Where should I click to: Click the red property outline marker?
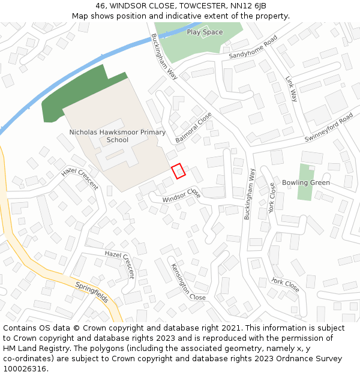point(178,171)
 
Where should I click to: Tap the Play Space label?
point(205,32)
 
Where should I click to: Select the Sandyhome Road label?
point(253,47)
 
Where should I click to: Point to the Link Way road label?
point(292,88)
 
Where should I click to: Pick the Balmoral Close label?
point(194,128)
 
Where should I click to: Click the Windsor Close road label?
point(181,195)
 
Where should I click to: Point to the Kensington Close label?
point(188,282)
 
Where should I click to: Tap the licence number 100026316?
point(25,368)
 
